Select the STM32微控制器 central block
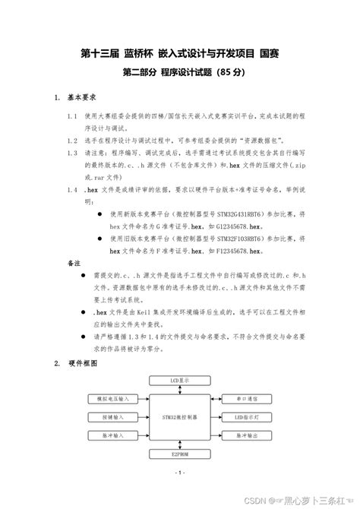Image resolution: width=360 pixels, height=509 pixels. pyautogui.click(x=179, y=417)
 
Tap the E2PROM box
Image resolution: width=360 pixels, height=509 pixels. pyautogui.click(x=179, y=454)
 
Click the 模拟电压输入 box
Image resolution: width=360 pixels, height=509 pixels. pyautogui.click(x=115, y=397)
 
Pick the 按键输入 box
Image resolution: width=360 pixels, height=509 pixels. pyautogui.click(x=115, y=416)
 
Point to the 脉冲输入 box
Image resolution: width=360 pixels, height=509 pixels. pyautogui.click(x=115, y=436)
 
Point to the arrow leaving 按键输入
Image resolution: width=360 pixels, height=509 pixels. pyautogui.click(x=144, y=416)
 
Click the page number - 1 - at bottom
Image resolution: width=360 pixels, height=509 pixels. pyautogui.click(x=180, y=473)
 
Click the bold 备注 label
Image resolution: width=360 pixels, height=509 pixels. pyautogui.click(x=74, y=262)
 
